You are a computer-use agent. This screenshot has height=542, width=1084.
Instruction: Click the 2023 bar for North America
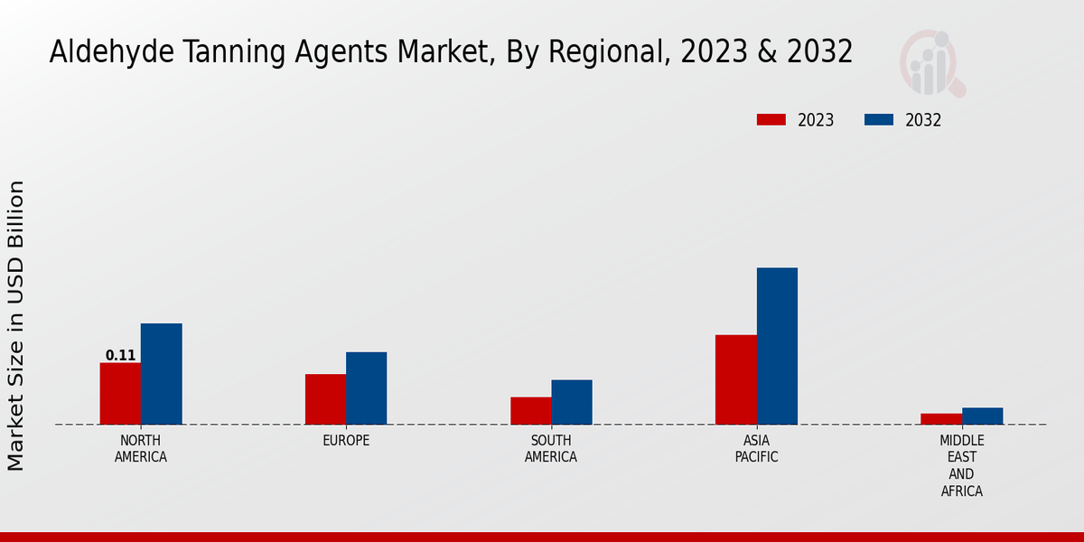[x=120, y=394]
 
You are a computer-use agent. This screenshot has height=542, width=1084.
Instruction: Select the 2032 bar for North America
[x=161, y=374]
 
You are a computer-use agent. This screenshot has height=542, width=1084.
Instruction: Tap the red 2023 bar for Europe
[x=325, y=399]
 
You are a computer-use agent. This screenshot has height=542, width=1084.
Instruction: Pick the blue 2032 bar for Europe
[x=366, y=388]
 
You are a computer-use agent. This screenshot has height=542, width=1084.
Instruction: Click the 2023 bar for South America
[x=530, y=411]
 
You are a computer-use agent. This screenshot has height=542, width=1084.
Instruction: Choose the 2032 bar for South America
[x=572, y=402]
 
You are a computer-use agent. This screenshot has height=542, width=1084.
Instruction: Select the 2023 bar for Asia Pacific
[x=735, y=379]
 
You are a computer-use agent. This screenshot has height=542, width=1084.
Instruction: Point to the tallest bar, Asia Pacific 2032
[x=777, y=346]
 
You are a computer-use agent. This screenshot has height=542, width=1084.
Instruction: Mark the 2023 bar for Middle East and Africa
[x=941, y=419]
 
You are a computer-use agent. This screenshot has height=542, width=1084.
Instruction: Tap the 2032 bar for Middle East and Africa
[x=982, y=416]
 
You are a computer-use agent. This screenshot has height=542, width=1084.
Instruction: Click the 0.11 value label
[x=120, y=355]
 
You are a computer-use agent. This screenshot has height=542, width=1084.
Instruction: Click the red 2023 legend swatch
[x=771, y=120]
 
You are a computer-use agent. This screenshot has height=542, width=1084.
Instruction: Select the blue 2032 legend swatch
[x=879, y=120]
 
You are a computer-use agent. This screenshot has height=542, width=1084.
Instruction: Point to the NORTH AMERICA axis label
[x=141, y=449]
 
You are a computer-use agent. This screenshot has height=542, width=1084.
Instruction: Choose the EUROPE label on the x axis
[x=346, y=441]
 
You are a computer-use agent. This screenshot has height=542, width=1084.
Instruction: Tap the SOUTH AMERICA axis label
[x=551, y=449]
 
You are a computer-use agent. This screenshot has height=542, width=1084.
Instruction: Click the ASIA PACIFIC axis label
[x=757, y=449]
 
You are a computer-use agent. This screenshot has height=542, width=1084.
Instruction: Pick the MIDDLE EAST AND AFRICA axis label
[x=961, y=466]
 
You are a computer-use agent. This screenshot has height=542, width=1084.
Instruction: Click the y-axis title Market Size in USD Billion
[x=16, y=325]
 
